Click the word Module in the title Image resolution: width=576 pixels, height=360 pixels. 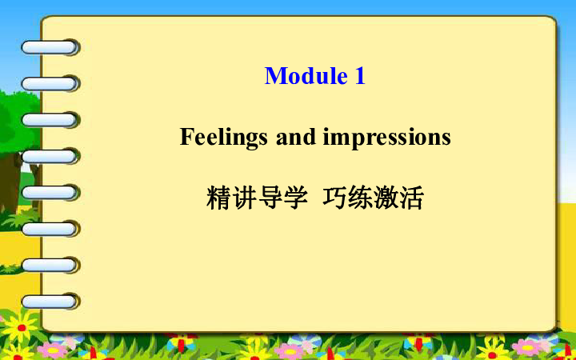point(306,76)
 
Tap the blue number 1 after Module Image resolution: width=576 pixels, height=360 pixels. point(360,76)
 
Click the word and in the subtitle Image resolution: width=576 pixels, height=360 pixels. point(296,137)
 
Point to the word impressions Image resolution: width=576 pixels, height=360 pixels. point(387,138)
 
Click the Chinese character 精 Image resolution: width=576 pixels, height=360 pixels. point(218,198)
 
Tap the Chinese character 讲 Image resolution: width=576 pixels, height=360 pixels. point(244,198)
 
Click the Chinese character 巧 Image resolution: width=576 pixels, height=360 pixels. point(334,198)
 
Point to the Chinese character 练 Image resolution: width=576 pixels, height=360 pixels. point(360,198)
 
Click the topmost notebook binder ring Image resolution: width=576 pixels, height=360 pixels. point(50,47)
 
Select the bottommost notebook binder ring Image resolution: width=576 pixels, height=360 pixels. point(50,302)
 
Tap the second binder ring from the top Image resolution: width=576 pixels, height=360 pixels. point(50,84)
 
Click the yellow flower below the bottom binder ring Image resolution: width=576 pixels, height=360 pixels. point(20,327)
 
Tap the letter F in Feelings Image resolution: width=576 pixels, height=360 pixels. point(186,137)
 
